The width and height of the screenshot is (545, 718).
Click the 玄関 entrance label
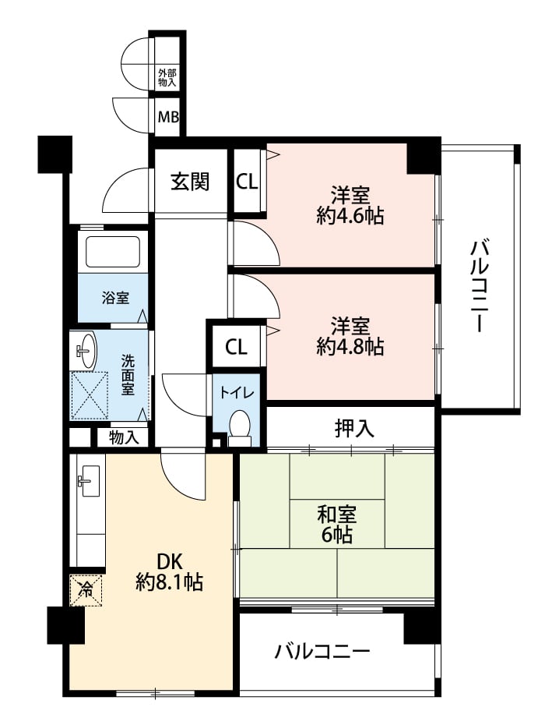190,182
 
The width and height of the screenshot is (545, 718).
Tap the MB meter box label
168,117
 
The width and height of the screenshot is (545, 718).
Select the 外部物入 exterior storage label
167,78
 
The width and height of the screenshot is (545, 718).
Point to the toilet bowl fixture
239,426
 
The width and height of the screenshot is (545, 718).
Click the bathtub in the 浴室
112,251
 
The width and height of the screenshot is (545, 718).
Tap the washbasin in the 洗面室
85,350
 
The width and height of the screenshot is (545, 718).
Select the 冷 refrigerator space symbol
86,590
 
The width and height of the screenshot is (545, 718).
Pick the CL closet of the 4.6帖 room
247,182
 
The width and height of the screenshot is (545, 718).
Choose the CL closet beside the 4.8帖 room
236,347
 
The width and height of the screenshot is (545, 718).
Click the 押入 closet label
354,428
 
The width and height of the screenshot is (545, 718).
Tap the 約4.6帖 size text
350,216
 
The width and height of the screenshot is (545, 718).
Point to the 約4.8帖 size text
350,347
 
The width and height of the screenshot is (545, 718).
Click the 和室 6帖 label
337,525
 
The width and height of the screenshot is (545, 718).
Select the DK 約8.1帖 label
170,571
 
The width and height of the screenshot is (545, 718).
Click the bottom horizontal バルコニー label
322,652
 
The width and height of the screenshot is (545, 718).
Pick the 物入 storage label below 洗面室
124,438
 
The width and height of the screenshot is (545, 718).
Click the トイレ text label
237,392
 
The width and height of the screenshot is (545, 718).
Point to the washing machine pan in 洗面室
90,395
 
